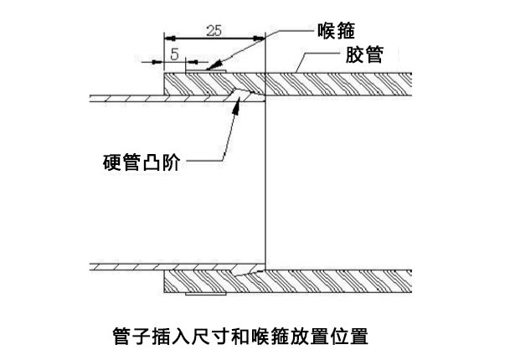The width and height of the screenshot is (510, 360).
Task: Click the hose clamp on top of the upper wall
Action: tap(206, 72)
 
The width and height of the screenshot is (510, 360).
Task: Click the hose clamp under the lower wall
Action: tap(206, 295)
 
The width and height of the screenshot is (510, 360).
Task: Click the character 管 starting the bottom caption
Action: tap(120, 337)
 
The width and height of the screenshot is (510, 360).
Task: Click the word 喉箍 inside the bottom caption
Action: tap(286, 337)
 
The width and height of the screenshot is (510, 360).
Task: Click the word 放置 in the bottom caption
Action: tap(322, 337)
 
